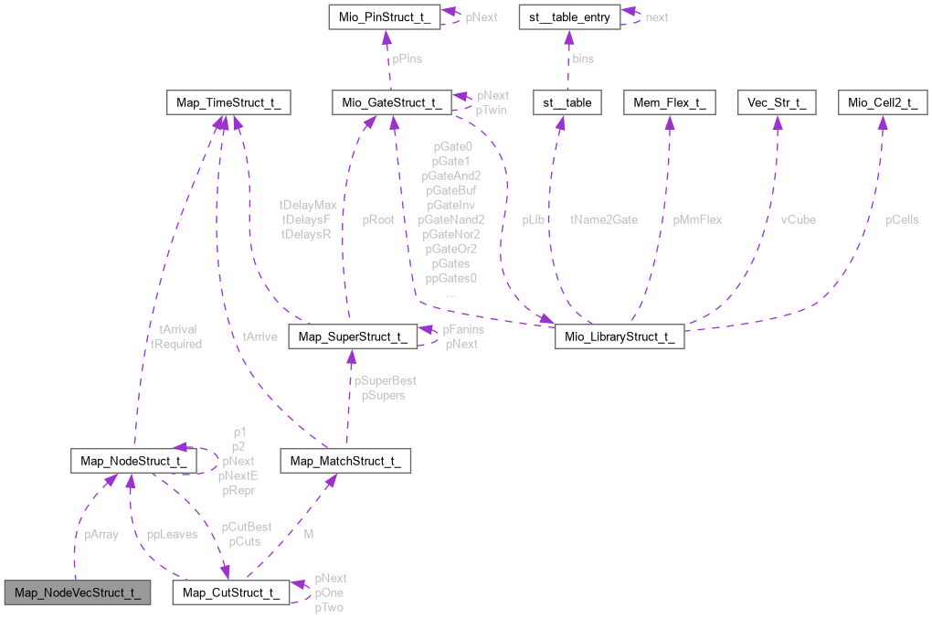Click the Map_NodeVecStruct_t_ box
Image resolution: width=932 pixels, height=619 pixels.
[78, 592]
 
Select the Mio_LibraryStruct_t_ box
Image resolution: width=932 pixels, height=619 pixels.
[620, 337]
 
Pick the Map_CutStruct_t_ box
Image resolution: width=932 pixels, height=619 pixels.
[231, 592]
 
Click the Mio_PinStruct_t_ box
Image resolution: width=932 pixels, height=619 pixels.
[386, 16]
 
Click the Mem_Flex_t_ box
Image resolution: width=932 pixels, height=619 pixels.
[670, 102]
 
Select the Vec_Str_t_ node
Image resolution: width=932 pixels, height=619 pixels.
[776, 102]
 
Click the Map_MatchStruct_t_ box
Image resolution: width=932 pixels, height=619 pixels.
[346, 461]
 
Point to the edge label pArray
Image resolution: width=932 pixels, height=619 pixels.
[101, 534]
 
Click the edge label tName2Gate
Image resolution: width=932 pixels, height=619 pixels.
[604, 219]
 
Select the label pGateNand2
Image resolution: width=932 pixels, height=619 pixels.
[451, 219]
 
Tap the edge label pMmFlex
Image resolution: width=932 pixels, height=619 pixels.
[697, 219]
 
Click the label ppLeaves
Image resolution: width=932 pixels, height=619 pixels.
[172, 534]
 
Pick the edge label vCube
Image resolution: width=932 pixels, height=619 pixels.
[798, 219]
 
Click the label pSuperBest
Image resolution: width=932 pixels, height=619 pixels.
[386, 380]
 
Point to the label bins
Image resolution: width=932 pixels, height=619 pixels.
[582, 59]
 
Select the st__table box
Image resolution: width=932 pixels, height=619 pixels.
[567, 102]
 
